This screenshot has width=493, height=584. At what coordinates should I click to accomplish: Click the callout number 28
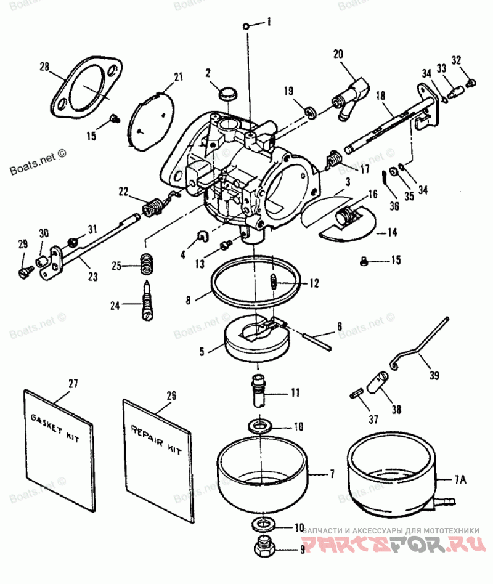coord(44,66)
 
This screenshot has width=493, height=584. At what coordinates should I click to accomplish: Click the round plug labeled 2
coord(229,94)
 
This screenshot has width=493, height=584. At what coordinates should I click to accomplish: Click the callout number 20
coord(338,54)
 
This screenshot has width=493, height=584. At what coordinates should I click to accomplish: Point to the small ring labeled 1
coord(246,26)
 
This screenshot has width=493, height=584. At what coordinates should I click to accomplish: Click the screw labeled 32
coord(471,81)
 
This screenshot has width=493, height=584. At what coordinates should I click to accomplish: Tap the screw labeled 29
coord(25,270)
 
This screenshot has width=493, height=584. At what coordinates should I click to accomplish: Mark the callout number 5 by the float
coord(201,352)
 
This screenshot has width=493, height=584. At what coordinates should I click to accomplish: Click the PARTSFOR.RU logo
coord(394,545)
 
